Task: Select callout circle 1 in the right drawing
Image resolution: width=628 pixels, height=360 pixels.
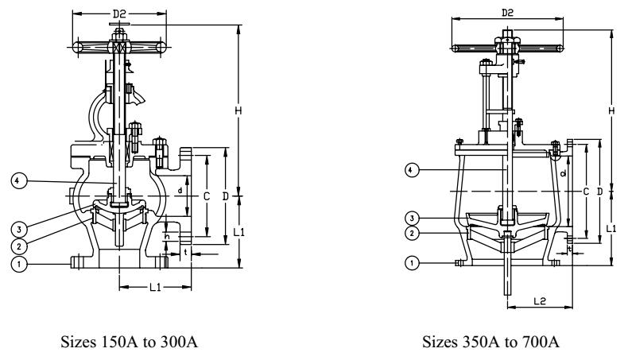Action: (x=412, y=263)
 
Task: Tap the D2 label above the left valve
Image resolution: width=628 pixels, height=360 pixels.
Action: (x=119, y=14)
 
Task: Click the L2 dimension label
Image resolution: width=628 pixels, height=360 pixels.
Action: (x=540, y=300)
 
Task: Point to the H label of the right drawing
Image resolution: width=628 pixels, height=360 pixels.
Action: (x=611, y=110)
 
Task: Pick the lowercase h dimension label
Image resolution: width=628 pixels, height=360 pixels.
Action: (x=168, y=237)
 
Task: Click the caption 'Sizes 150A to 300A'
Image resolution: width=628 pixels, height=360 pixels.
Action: (x=129, y=342)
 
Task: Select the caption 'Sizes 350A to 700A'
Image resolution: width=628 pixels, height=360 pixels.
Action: (x=490, y=342)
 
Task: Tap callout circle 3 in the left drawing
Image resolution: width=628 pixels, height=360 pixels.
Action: (x=18, y=230)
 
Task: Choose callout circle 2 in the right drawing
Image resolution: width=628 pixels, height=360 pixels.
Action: (x=412, y=233)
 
